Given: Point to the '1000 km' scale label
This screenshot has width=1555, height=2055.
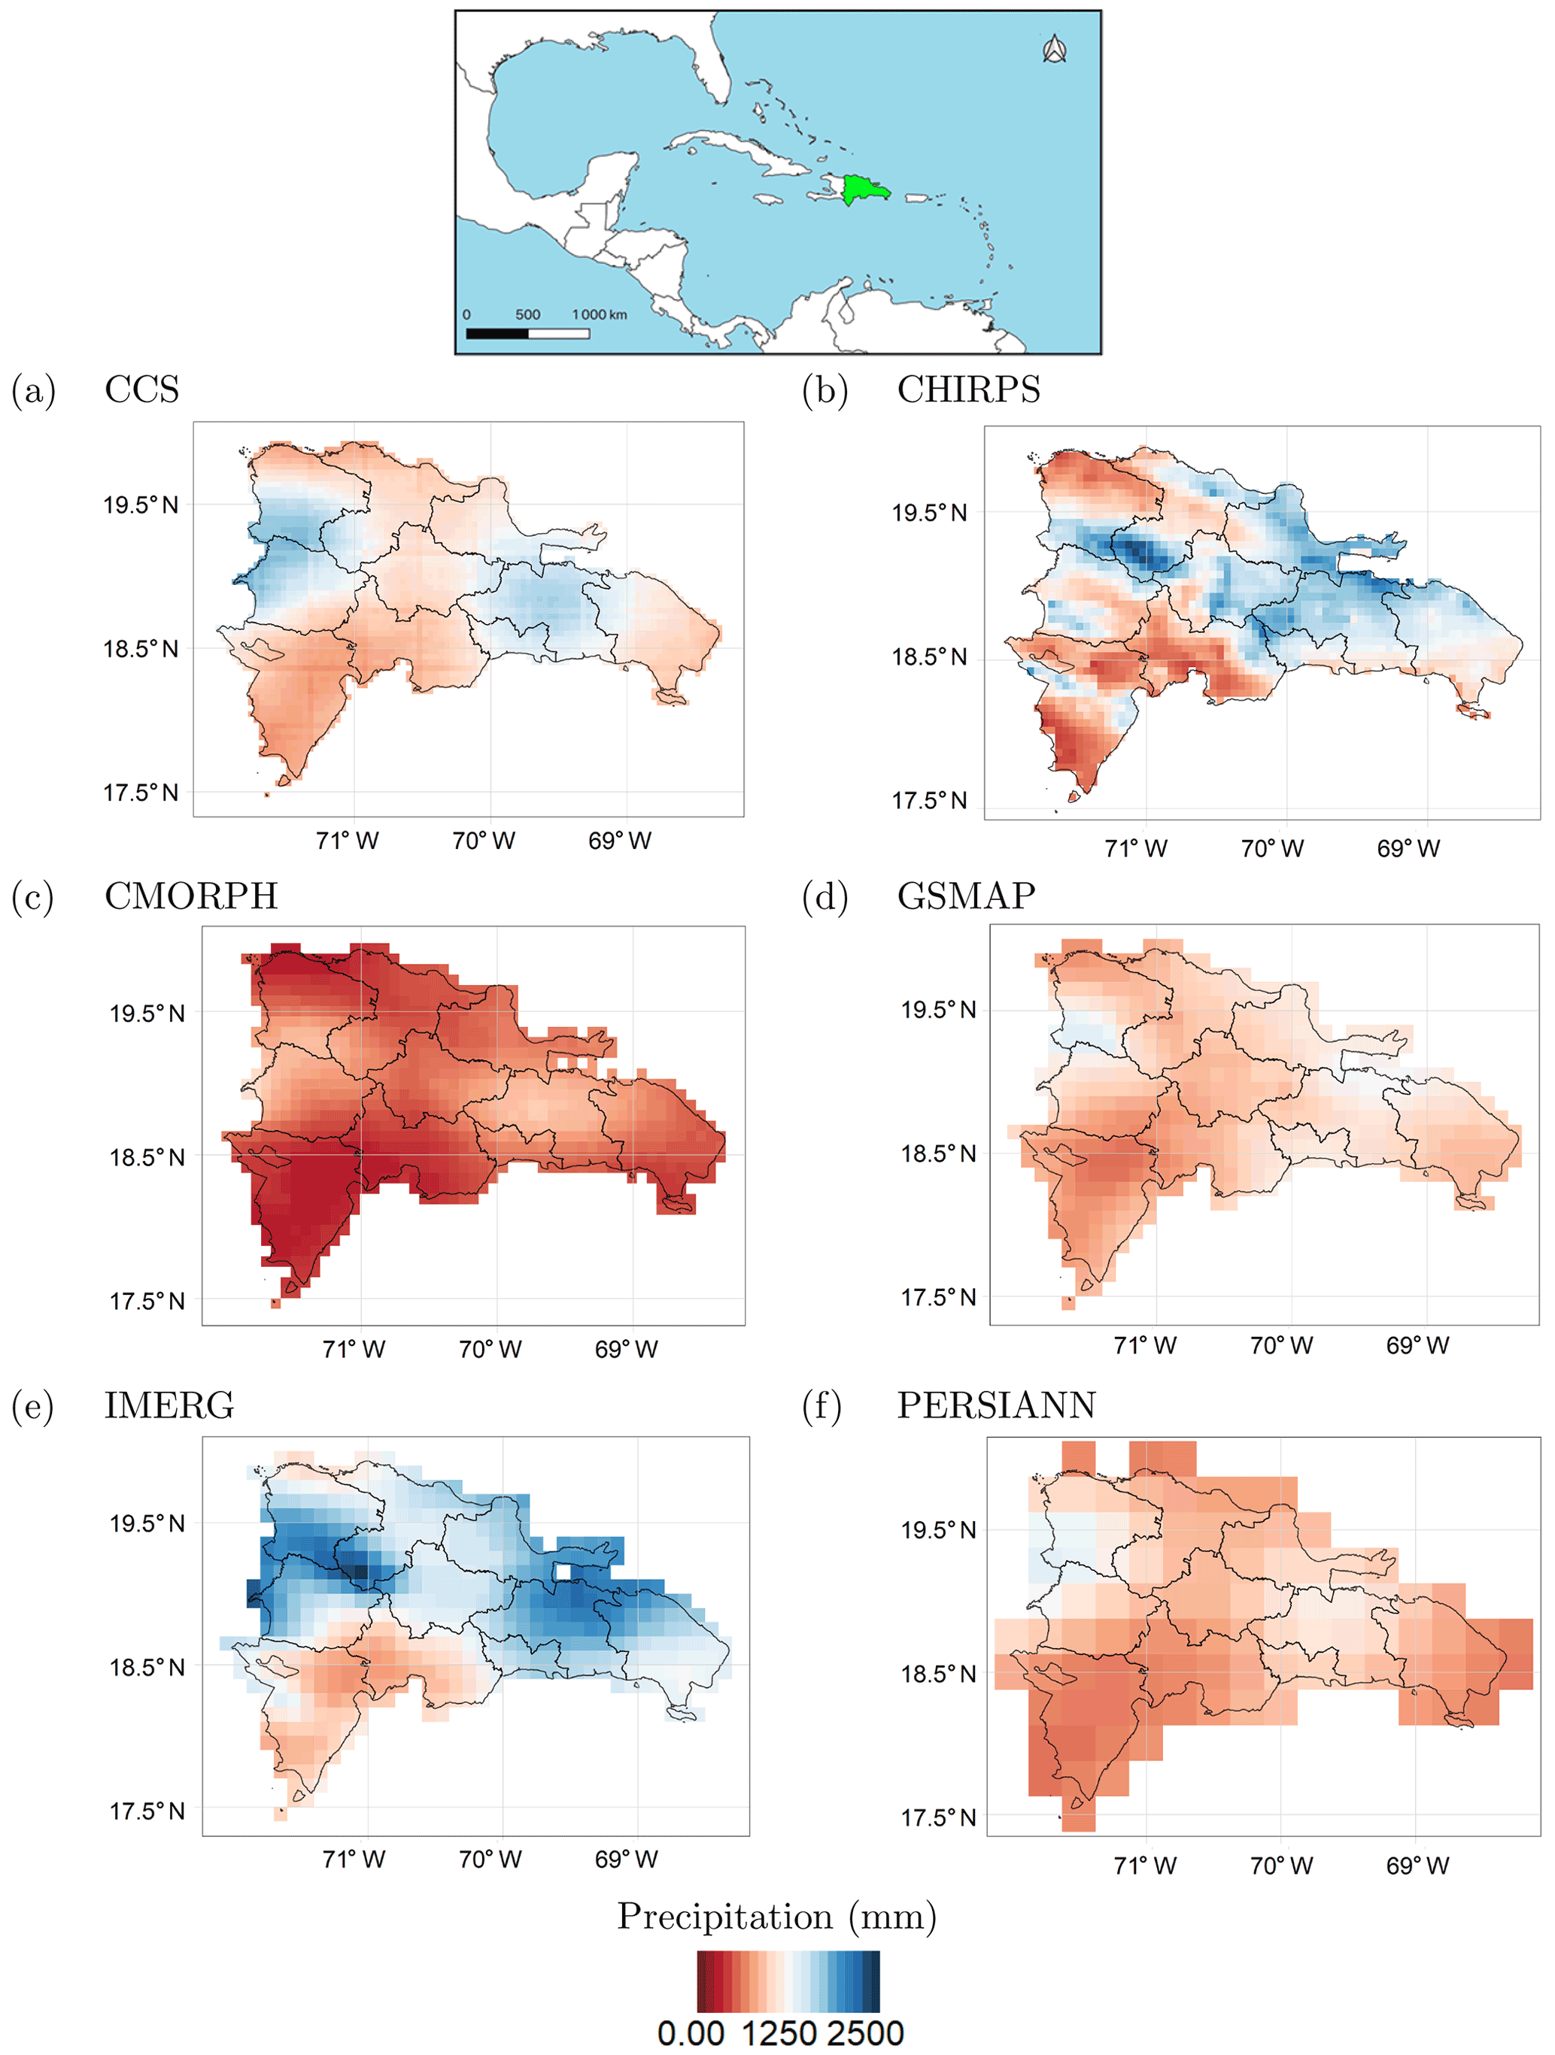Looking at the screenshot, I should pos(599,314).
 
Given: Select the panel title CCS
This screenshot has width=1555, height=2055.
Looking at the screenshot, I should pos(141,389).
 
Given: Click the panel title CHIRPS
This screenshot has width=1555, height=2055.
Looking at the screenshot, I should pos(967,389).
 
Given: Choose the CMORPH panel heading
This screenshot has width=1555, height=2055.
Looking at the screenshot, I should pos(190,896).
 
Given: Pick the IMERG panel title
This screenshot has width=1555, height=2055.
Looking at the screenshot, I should pos(169,1405).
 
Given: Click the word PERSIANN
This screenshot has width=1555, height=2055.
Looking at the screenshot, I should pos(995,1405).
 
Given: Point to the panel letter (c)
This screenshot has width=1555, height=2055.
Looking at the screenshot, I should pos(32,898).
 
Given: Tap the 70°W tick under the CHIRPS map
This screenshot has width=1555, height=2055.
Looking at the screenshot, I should pos(1271,848).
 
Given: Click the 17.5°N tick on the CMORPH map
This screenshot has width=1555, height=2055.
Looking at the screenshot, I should pos(147,1301).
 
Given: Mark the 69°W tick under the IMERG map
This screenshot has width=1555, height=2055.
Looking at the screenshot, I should pos(625,1859).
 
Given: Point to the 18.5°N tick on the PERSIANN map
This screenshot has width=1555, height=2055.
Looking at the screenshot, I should pos(938,1673).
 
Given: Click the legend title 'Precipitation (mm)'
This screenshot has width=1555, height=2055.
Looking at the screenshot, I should pos(776,1916).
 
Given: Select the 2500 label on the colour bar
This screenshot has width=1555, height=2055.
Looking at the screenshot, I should pos(864,2032).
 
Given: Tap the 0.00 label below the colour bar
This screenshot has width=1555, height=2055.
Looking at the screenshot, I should pos(691,2032).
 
